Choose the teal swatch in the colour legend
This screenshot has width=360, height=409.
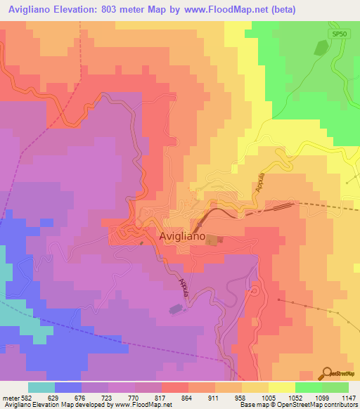41,387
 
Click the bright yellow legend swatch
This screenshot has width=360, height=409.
282,387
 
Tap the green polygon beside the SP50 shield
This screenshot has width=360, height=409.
321,48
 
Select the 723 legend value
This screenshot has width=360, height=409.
108,397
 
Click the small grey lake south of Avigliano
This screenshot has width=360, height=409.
174,308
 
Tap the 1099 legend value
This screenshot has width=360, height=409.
322,397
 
